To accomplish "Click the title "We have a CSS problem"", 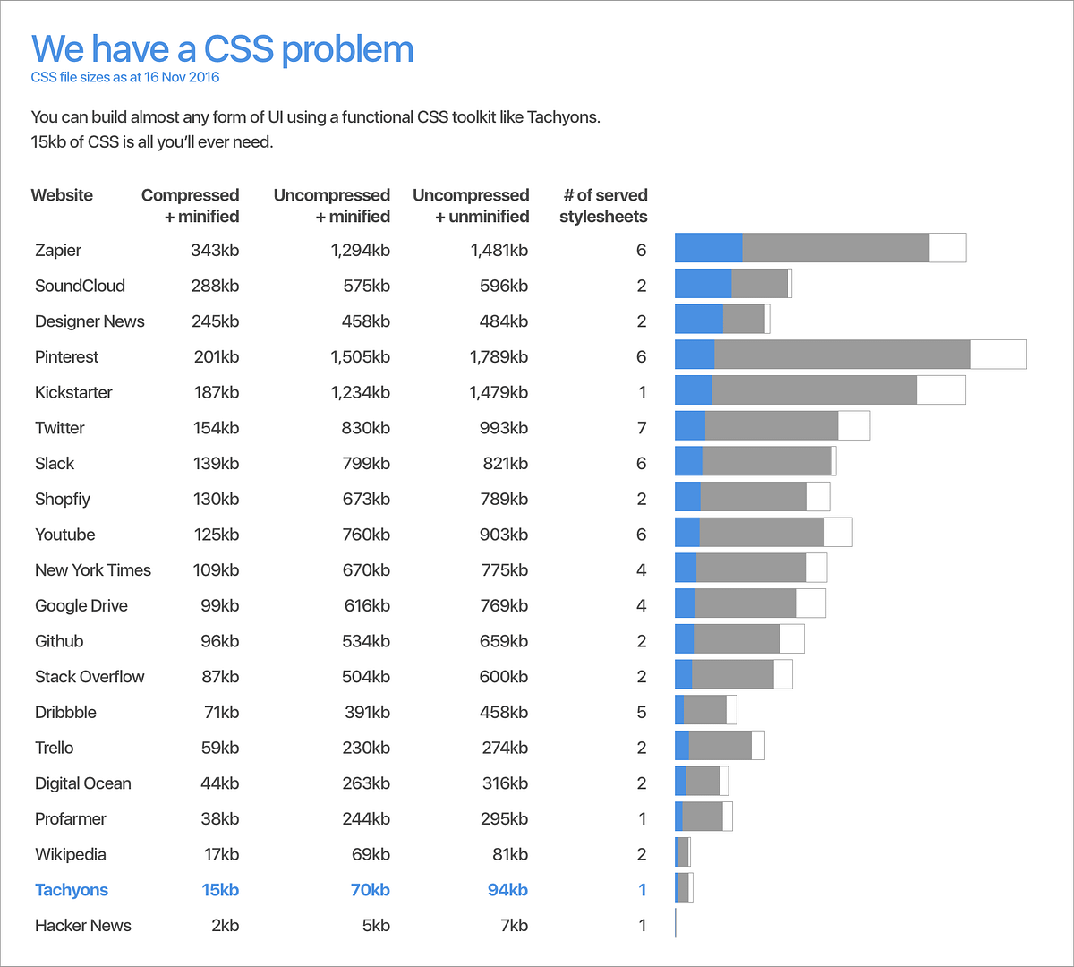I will click(x=222, y=49).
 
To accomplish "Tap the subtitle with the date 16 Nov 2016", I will click(x=125, y=77).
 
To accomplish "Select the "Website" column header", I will click(x=62, y=195).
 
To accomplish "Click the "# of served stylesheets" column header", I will click(x=604, y=206).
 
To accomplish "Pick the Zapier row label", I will click(x=58, y=250).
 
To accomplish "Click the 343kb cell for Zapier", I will click(x=215, y=250).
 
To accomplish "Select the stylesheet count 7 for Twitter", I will click(x=642, y=428).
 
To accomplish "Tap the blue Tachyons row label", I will click(x=72, y=890).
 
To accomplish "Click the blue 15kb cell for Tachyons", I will click(x=220, y=890).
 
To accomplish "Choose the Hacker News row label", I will click(x=83, y=926).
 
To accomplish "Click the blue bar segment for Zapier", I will click(x=708, y=248).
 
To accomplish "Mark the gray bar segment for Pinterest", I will click(x=842, y=355).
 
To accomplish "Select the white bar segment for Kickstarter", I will click(x=941, y=390).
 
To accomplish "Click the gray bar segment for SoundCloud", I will click(x=759, y=284).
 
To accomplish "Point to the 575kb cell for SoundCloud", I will click(x=366, y=286).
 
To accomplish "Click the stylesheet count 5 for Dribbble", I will click(x=642, y=712).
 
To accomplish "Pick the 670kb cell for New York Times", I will click(x=366, y=570).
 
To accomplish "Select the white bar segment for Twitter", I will click(x=853, y=426).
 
